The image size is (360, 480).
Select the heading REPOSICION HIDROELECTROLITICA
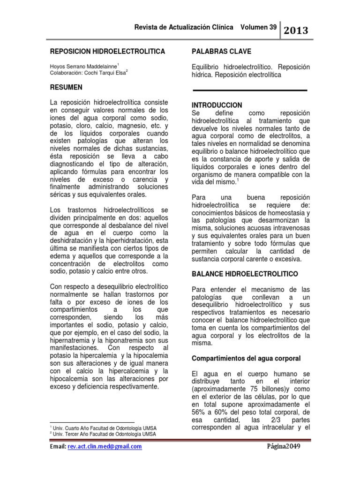tap(107, 51)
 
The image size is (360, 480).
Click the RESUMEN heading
tap(66, 88)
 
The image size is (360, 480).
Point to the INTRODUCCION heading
tap(217, 105)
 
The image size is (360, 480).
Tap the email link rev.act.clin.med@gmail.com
tap(105, 447)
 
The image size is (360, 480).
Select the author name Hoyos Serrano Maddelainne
tap(83, 66)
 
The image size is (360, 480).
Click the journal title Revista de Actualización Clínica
tap(184, 28)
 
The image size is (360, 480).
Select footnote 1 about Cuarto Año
tap(103, 428)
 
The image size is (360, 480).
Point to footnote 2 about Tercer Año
tap(103, 435)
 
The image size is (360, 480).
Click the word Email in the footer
tap(58, 447)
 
